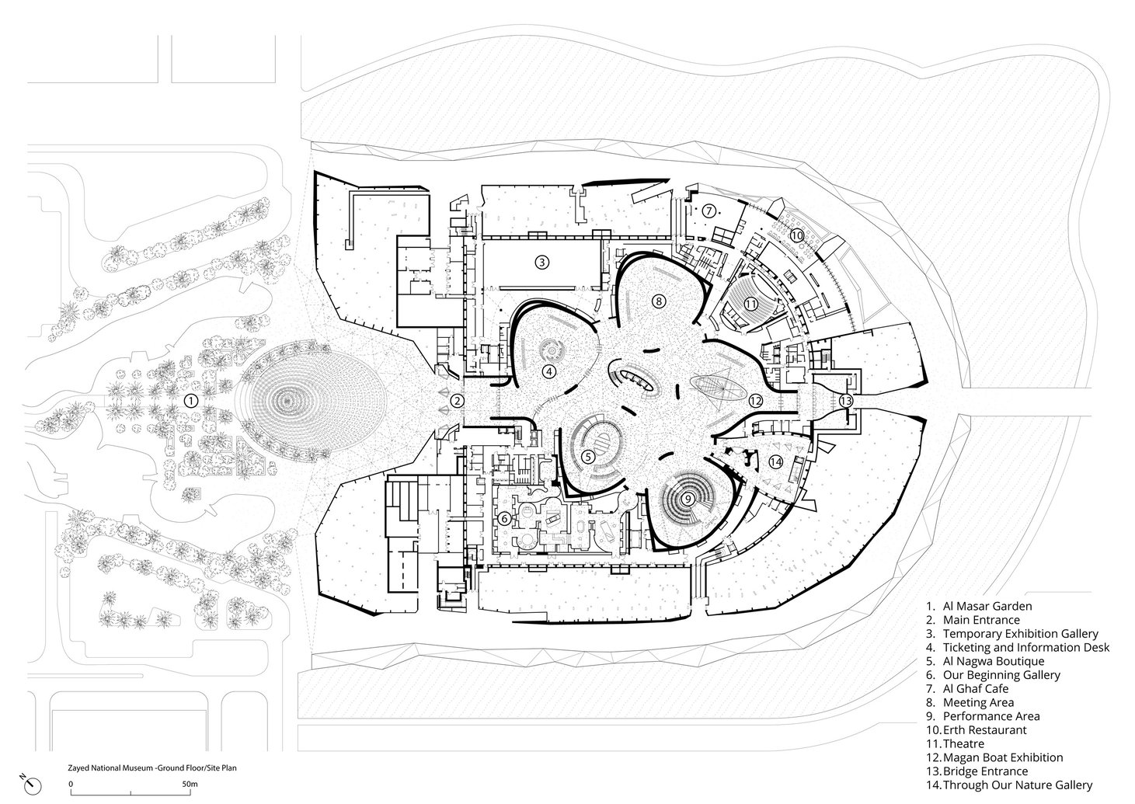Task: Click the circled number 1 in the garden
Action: coord(190,400)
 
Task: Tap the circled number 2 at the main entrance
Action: coord(458,401)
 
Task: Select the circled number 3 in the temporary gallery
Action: coord(541,262)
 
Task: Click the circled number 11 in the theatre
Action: coord(750,303)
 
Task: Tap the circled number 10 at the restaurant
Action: coord(796,235)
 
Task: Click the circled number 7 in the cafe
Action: coord(709,211)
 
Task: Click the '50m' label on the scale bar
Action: coord(189,785)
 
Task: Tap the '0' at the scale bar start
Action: coord(71,785)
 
